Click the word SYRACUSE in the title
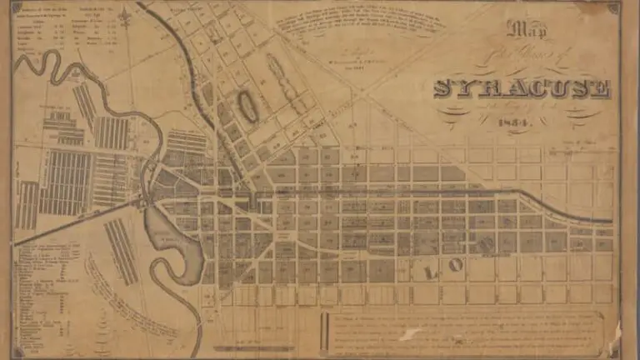click(522, 89)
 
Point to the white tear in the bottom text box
click(411, 335)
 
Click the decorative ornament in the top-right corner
click(612, 8)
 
